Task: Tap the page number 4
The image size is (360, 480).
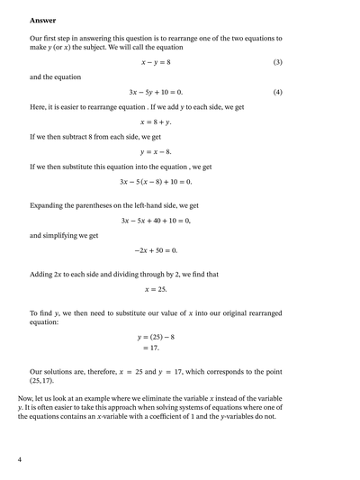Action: [x=19, y=459]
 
